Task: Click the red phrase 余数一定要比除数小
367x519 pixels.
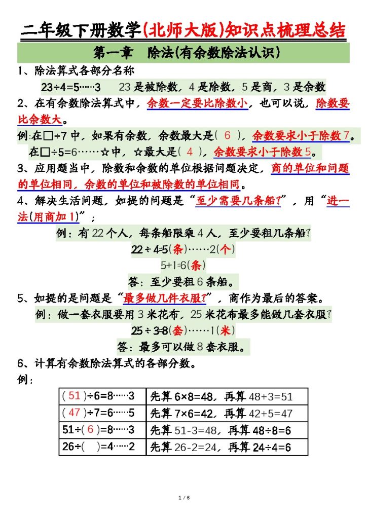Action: click(x=197, y=104)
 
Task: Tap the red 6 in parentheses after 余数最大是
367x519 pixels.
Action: click(x=228, y=135)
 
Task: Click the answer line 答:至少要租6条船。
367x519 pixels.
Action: click(x=183, y=282)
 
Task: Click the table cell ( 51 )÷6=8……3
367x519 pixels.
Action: click(x=102, y=396)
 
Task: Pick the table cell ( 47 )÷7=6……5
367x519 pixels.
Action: click(x=102, y=413)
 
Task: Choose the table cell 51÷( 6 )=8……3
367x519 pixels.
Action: click(x=102, y=430)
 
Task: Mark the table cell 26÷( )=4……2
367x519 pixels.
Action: click(x=102, y=447)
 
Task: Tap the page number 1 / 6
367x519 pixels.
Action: click(x=183, y=498)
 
